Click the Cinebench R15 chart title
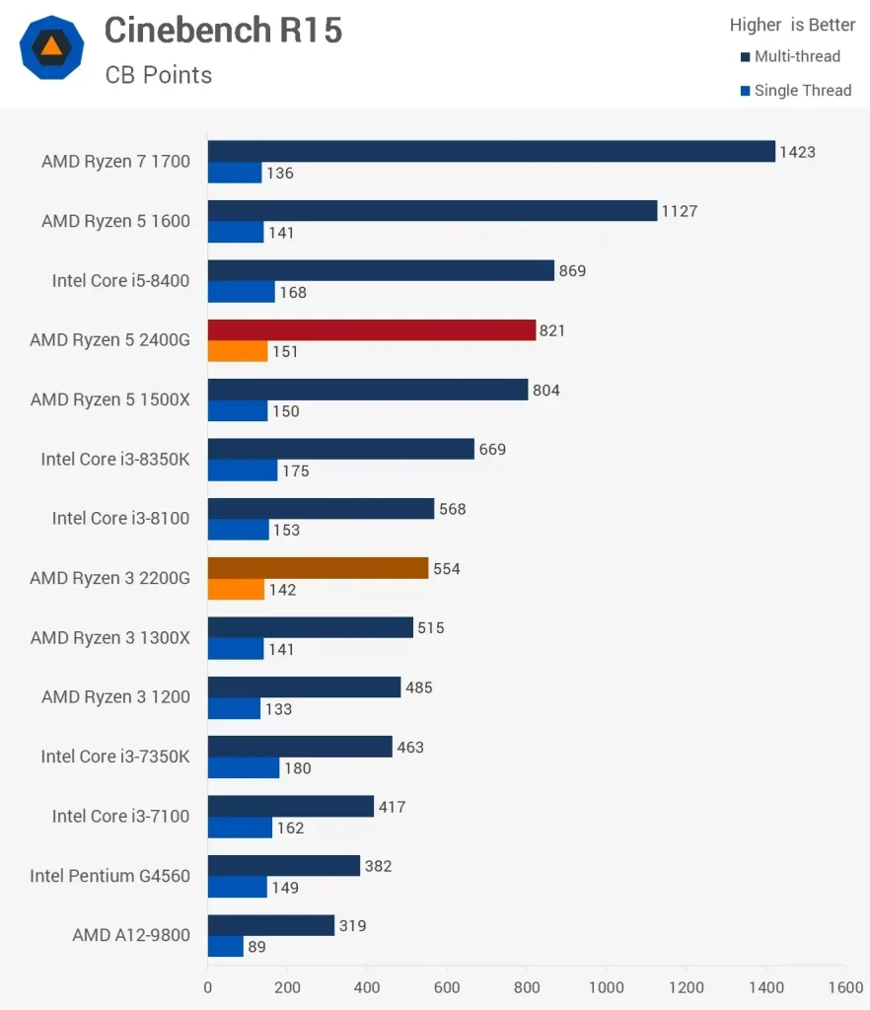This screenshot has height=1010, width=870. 223,31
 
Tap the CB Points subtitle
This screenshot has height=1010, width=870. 158,75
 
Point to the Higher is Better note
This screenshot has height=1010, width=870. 792,25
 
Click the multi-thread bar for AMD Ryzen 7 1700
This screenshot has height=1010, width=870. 491,151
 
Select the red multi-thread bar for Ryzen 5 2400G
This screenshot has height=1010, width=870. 372,330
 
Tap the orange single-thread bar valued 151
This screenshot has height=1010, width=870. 238,351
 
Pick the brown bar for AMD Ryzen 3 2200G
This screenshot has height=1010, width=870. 319,568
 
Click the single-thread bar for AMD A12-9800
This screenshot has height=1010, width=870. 226,946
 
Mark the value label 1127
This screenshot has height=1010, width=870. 681,211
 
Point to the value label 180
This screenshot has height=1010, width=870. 297,768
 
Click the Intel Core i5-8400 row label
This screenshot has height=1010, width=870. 120,281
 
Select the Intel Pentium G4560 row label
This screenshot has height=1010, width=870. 109,876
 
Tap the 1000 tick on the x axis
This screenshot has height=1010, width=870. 606,987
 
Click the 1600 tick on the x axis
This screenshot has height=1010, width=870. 845,987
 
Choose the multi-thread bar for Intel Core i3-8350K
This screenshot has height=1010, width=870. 341,449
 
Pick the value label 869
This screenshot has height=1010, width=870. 572,270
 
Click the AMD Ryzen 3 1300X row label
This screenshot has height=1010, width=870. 109,638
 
